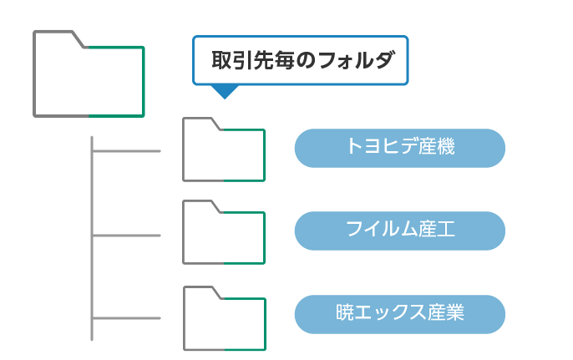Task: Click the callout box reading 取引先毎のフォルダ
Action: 300,60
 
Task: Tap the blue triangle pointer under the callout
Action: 222,92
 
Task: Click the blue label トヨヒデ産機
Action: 399,148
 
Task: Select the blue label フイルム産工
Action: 399,231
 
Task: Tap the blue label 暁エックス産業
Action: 399,314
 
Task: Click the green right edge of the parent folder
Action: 144,80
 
